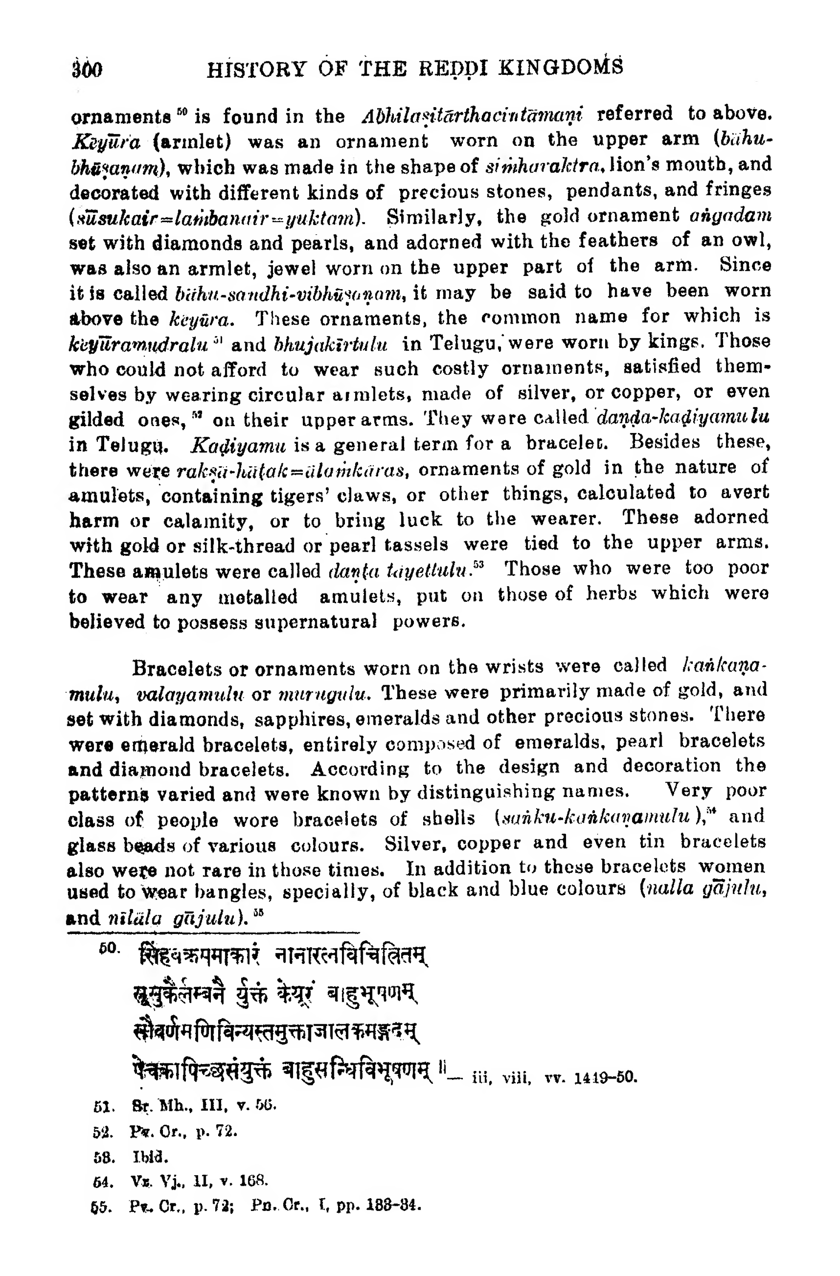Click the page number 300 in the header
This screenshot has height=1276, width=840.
[87, 69]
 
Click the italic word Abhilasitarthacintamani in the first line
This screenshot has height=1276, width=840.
[472, 115]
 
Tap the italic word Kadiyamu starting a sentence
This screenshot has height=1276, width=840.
[239, 444]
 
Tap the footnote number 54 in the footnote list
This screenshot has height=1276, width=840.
[101, 1181]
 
